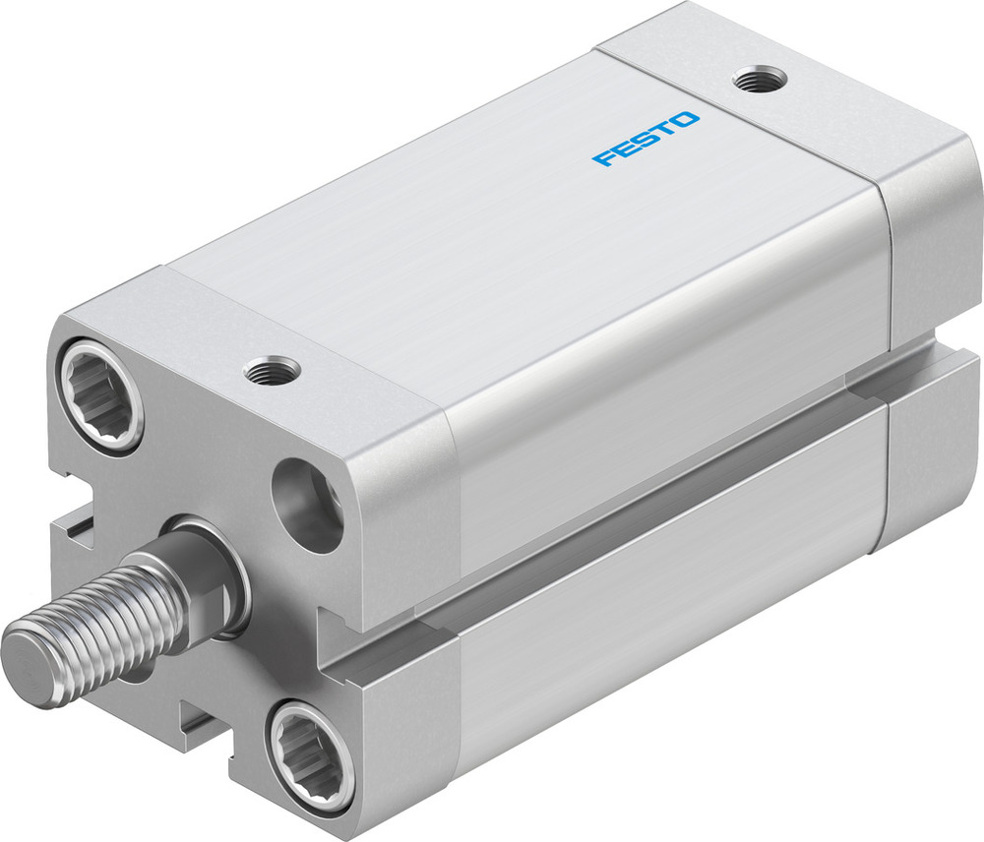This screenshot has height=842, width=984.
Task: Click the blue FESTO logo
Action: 646,140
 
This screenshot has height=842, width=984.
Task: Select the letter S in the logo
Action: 646,139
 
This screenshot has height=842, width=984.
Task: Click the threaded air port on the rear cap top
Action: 757,80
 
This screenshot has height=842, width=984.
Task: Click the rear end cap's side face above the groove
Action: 930,246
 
